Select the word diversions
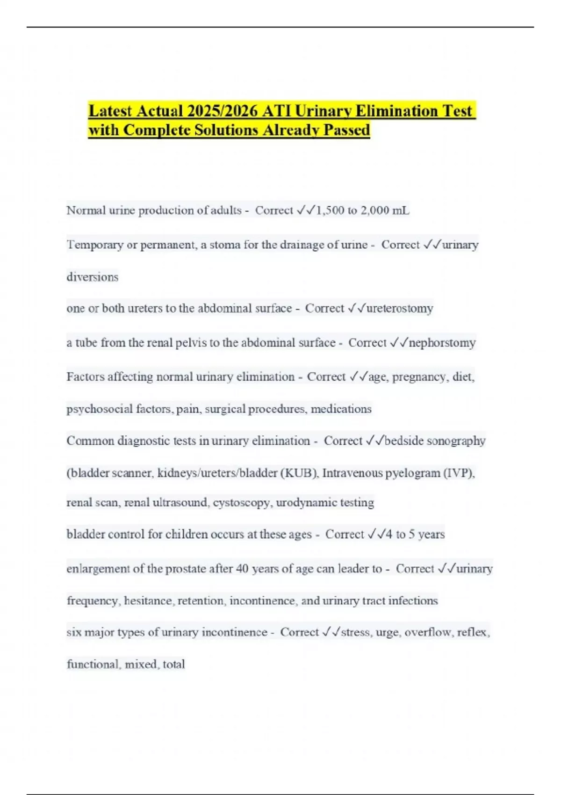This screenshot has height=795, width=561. coord(92,277)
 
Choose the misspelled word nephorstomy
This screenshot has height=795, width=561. coord(442,343)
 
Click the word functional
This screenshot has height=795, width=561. coord(93,664)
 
